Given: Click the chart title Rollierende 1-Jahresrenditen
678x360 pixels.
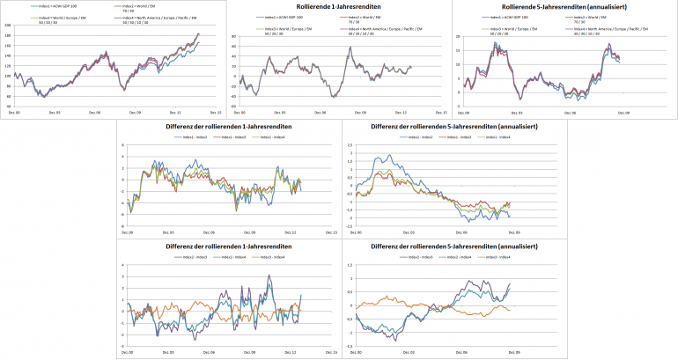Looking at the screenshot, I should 339,8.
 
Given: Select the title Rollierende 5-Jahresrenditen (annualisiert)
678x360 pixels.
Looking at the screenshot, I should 564,8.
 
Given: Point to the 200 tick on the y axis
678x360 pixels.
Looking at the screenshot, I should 9,25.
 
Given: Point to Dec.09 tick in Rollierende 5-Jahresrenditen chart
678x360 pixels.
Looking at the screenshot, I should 623,113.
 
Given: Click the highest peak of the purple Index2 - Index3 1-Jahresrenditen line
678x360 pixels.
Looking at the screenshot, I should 269,276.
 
